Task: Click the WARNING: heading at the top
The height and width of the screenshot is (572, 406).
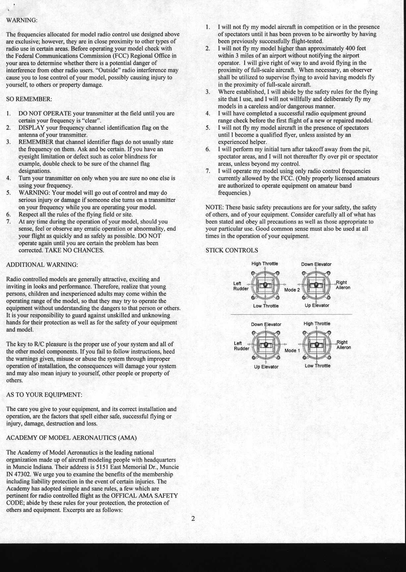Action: pos(22,20)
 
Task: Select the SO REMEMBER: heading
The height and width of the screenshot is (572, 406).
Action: pos(29,99)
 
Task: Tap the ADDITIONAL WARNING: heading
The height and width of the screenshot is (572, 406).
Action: pos(42,265)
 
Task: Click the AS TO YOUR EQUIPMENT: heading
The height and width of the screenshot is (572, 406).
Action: pos(44,395)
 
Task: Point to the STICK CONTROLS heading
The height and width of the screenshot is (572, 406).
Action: pos(232,250)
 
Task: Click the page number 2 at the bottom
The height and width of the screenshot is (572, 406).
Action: pos(193,519)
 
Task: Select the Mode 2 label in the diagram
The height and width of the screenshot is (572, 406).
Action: pos(292,290)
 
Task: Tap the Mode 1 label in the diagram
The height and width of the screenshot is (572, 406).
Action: pos(292,350)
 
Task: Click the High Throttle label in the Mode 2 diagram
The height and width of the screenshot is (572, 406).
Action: pos(264,264)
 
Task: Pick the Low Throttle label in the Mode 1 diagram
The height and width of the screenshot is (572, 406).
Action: pos(318,366)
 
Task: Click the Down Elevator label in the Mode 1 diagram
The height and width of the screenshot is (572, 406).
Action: pos(266,324)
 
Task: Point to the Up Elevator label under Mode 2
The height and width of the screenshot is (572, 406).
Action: pos(317,305)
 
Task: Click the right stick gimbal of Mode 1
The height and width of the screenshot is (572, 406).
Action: pos(317,345)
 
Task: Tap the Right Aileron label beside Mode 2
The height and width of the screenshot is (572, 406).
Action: pos(342,285)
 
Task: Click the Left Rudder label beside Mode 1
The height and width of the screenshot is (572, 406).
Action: pos(241,346)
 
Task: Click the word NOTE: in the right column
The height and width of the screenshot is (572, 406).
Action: pos(214,207)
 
